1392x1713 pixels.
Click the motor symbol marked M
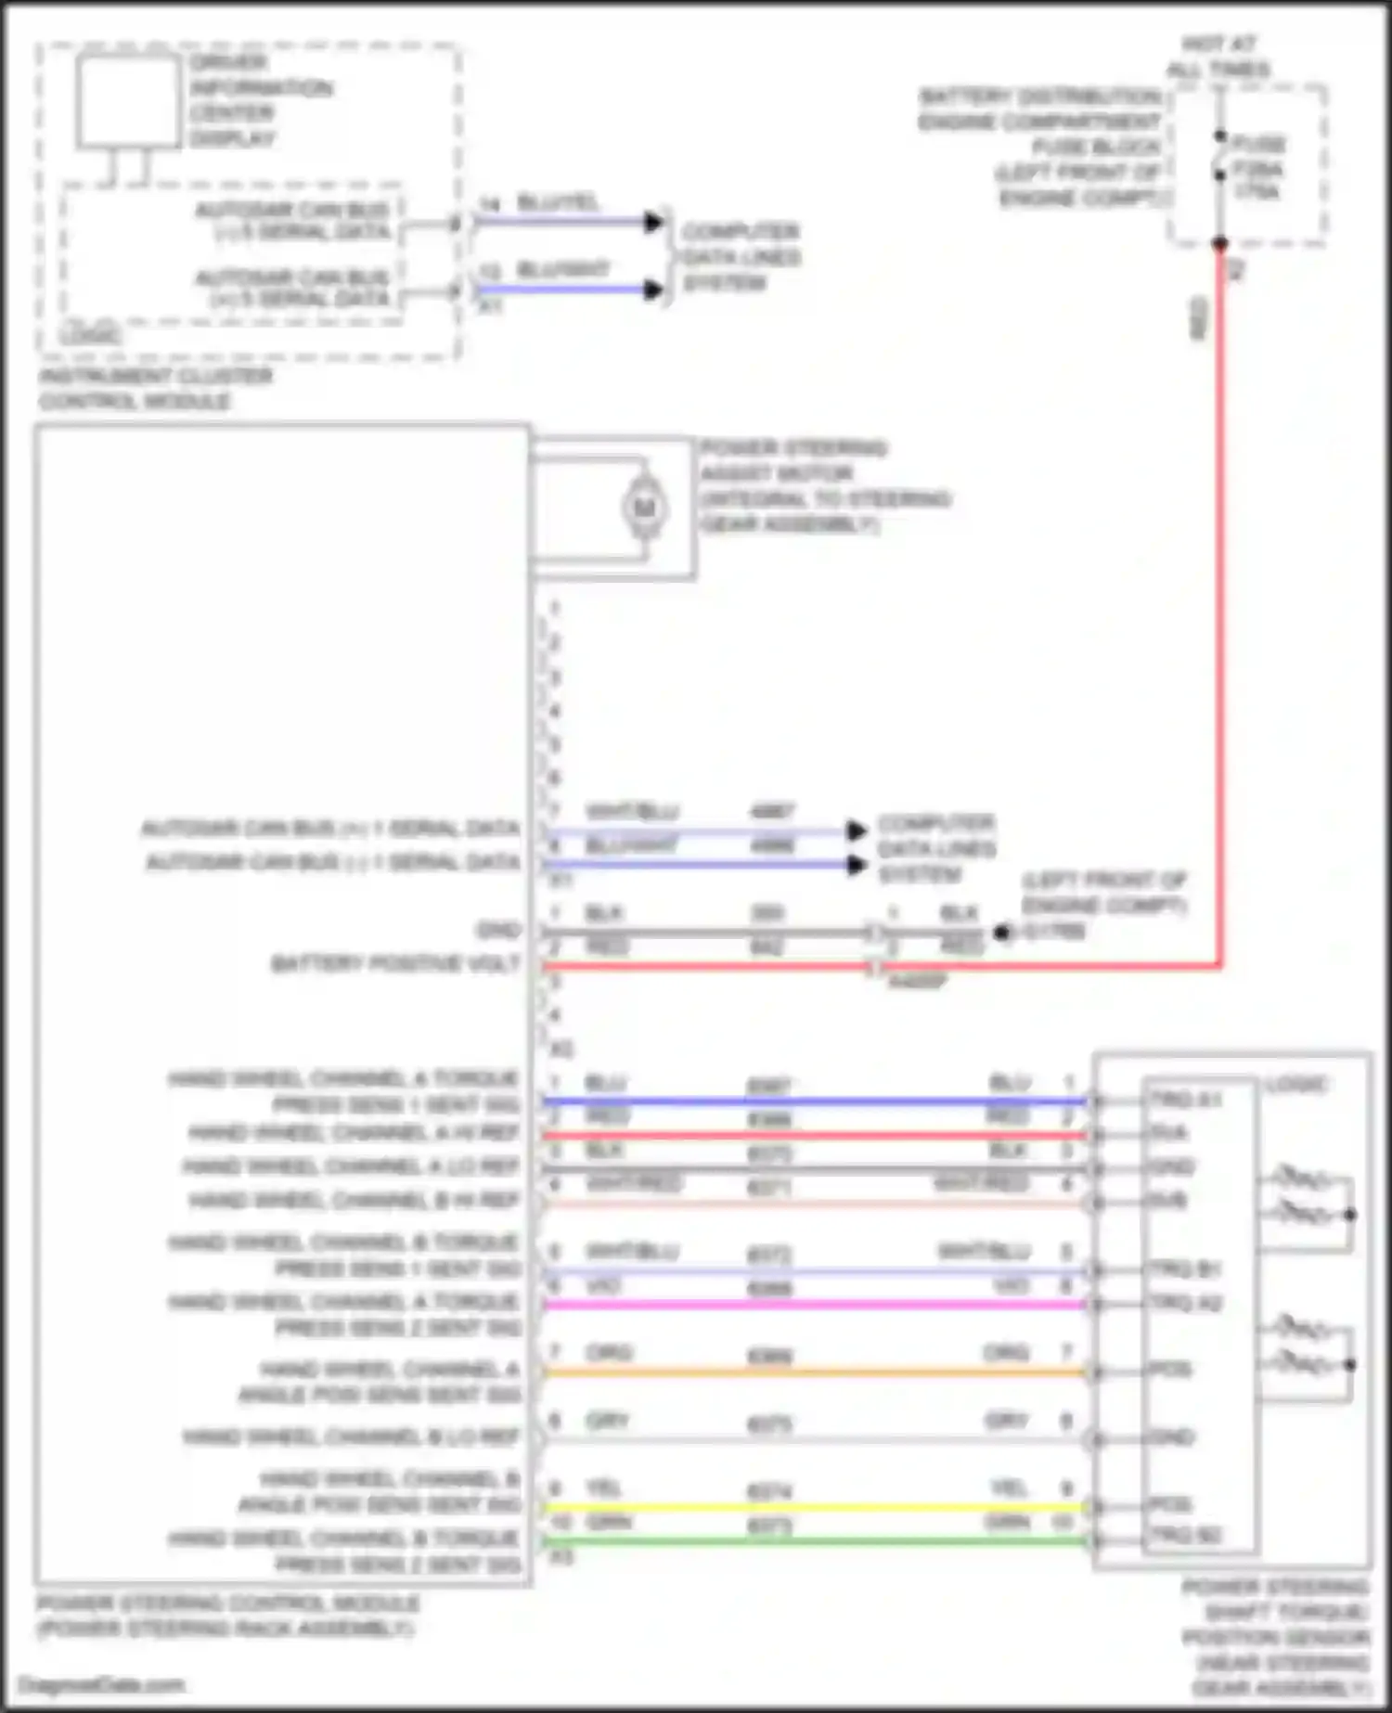coord(644,508)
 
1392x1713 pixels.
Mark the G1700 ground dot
coord(1001,932)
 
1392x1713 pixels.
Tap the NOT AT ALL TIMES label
coord(1218,57)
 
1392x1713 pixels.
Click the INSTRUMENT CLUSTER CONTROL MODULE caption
coord(154,389)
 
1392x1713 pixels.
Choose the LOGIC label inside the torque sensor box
coord(1296,1084)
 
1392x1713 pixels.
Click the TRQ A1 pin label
coord(1185,1100)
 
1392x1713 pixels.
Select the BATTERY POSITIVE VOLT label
coord(395,964)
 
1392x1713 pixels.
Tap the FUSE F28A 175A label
coord(1257,168)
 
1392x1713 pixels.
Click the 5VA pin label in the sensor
coord(1167,1133)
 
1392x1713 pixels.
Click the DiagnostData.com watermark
coord(100,1685)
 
